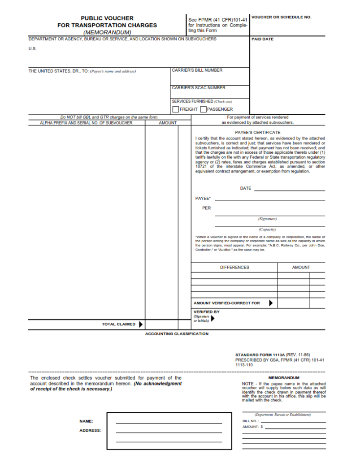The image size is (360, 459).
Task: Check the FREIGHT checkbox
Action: [x=176, y=109]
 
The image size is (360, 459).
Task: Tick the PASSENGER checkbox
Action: [x=203, y=109]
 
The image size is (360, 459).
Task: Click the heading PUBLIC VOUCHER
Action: [x=107, y=18]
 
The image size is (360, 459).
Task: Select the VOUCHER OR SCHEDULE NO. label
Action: [x=281, y=17]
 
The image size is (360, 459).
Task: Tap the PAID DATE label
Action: [x=262, y=39]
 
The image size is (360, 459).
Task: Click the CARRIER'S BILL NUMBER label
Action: [x=197, y=70]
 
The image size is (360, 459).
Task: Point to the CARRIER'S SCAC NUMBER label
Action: [x=199, y=88]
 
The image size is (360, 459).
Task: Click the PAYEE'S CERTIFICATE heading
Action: [x=257, y=132]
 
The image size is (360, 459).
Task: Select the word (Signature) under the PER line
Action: [x=267, y=219]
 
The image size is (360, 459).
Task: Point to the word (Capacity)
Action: [x=267, y=229]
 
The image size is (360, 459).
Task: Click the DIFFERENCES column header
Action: [x=234, y=268]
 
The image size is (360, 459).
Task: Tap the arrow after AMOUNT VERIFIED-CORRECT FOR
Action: [x=271, y=303]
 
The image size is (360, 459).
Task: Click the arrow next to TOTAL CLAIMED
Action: [x=141, y=324]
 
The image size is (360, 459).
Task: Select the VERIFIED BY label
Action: [x=206, y=312]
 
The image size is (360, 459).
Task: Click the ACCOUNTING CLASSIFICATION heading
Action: [x=177, y=334]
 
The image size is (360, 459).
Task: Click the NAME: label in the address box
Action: [x=87, y=421]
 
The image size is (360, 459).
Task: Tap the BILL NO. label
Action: [x=250, y=421]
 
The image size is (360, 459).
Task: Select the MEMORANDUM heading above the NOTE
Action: [x=283, y=378]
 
